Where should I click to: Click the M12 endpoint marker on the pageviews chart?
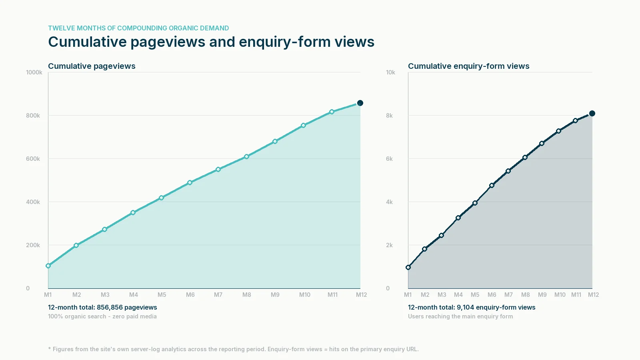point(360,103)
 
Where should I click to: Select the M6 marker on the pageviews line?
point(190,182)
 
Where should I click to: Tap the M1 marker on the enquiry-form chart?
point(408,267)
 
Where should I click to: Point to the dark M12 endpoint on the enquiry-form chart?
point(592,114)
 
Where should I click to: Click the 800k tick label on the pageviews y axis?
point(33,116)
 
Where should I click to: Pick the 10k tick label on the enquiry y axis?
point(390,72)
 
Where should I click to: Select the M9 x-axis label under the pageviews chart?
point(275,295)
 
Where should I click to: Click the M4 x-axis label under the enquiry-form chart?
point(458,295)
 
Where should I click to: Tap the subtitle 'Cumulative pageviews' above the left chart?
point(92,66)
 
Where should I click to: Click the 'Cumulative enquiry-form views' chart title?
point(468,66)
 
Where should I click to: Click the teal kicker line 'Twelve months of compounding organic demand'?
point(138,28)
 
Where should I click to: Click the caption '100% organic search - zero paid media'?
point(102,316)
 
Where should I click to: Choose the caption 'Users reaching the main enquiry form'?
point(460,316)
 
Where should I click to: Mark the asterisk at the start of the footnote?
point(50,349)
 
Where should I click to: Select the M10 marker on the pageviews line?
point(304,125)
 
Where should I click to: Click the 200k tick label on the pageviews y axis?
point(33,245)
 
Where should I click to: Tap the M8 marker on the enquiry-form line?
point(525,157)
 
